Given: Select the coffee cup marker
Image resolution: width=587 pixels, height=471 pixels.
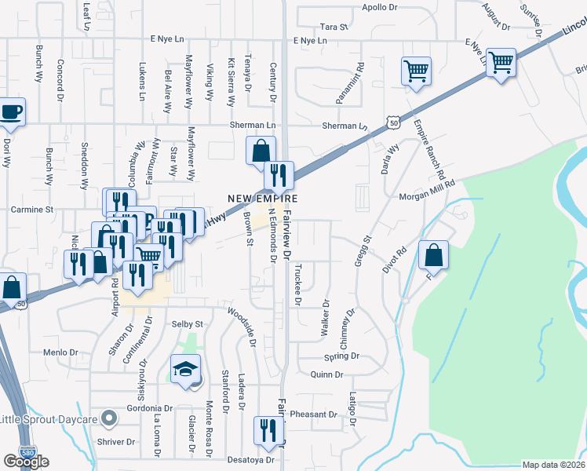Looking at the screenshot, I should click(11, 112).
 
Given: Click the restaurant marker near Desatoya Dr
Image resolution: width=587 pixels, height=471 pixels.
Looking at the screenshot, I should click(268, 432).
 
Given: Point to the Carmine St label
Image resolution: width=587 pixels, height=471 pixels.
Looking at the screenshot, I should click(31, 210).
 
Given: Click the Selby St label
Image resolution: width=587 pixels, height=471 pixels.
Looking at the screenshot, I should click(187, 324).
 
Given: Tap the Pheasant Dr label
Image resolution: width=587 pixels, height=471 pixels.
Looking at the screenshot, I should click(313, 414).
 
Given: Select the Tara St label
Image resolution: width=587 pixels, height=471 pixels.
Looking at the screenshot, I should click(334, 27).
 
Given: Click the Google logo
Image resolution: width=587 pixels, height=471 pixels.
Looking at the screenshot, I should click(26, 462).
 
